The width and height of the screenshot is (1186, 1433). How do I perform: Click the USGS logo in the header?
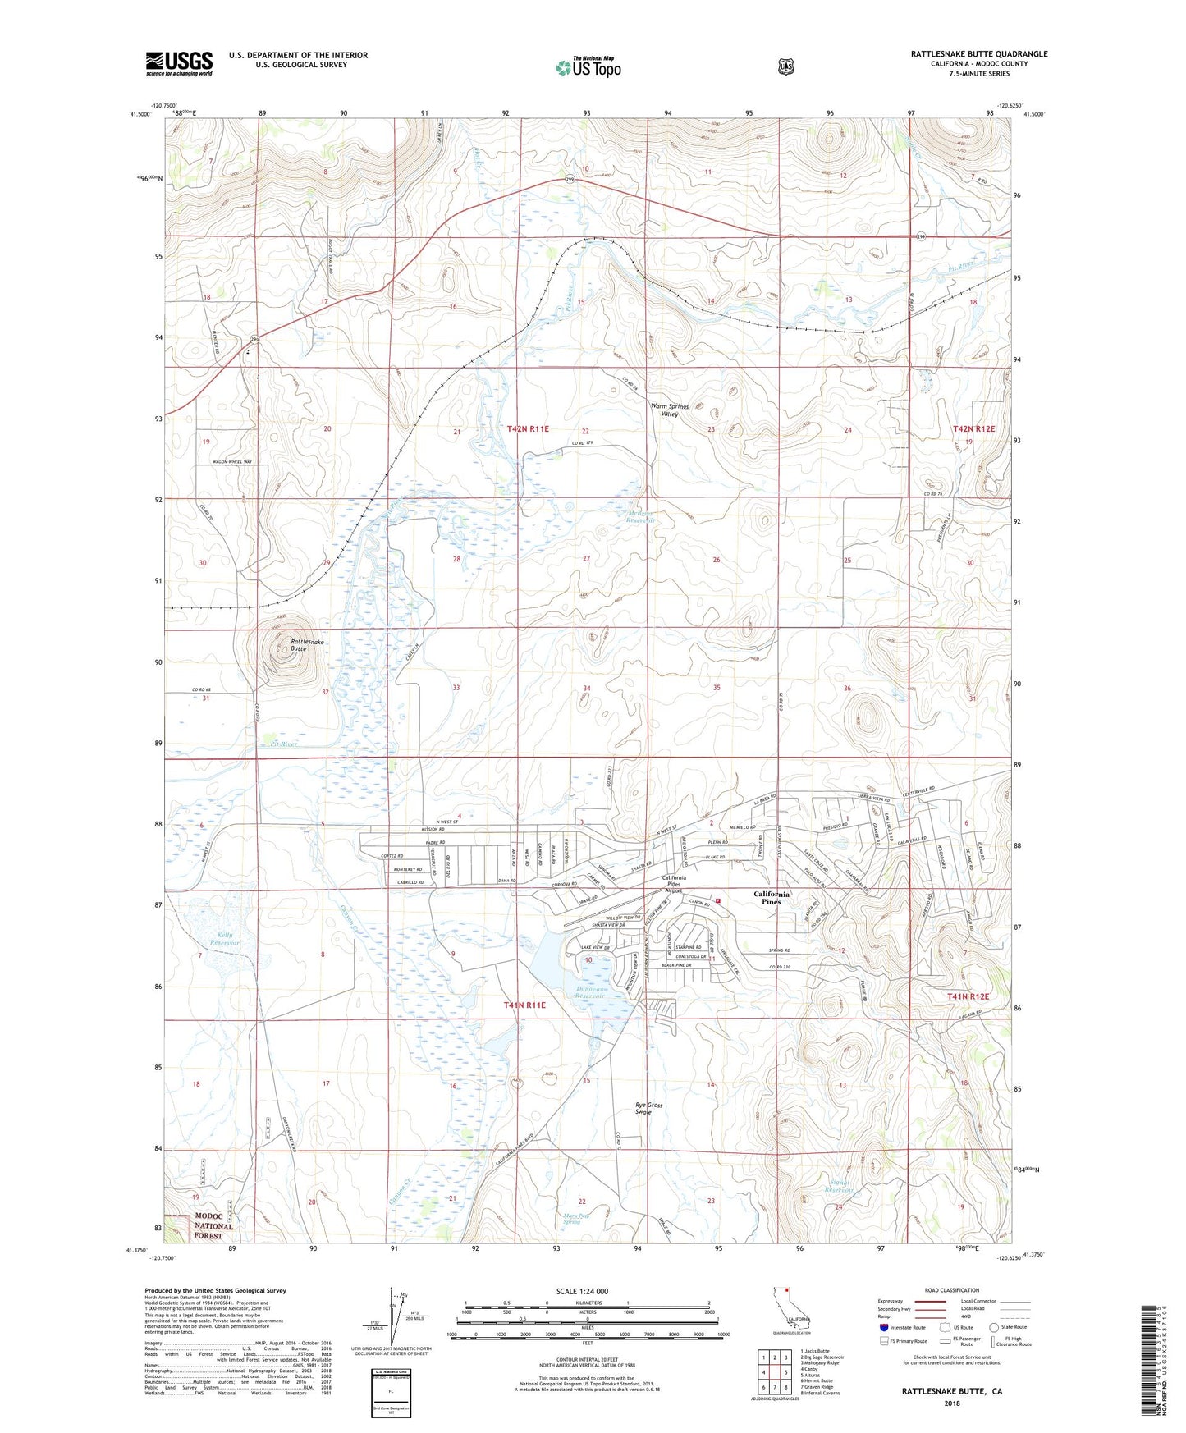tap(179, 62)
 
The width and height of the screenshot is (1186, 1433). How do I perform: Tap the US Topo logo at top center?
tap(588, 67)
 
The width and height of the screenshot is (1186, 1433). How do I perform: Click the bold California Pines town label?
tap(772, 898)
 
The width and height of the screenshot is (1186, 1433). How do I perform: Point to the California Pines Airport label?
tap(675, 883)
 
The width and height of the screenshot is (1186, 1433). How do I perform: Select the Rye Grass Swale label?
tap(648, 1108)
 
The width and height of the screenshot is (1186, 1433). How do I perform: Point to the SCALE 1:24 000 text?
tap(582, 1291)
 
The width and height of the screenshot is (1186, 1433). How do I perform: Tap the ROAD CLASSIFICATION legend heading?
tap(951, 1290)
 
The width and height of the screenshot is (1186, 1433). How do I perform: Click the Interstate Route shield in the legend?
tap(884, 1327)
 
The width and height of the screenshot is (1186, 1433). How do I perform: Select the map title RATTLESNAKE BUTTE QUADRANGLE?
tap(978, 54)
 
